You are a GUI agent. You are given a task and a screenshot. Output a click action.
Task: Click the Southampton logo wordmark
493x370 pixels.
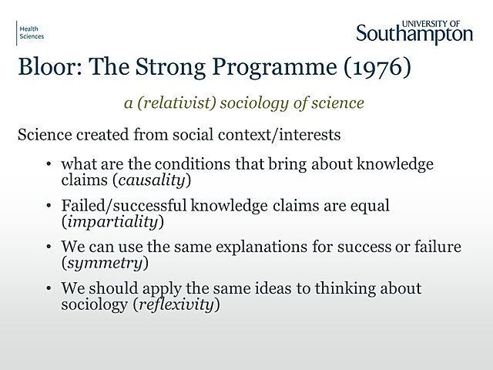pyautogui.click(x=414, y=34)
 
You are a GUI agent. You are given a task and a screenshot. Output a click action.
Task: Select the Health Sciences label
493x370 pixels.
pyautogui.click(x=32, y=32)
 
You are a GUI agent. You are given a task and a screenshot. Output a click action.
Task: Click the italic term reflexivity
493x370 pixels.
pyautogui.click(x=178, y=304)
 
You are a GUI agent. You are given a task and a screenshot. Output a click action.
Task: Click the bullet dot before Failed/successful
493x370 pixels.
pyautogui.click(x=50, y=207)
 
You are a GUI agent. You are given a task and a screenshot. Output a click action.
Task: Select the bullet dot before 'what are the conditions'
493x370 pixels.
pyautogui.click(x=50, y=165)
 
